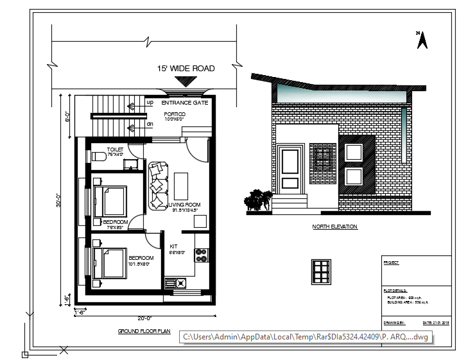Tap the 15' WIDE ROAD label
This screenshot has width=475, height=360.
coord(186,68)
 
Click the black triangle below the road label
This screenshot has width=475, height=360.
coord(186,81)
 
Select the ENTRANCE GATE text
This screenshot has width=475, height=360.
coord(184,103)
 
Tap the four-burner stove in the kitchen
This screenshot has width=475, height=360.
coord(201,255)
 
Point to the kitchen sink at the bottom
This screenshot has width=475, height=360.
coord(175,282)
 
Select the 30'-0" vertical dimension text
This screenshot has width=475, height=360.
coord(58,201)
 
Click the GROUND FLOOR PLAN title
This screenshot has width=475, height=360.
coord(144,331)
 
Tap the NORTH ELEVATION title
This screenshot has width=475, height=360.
coord(334,227)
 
